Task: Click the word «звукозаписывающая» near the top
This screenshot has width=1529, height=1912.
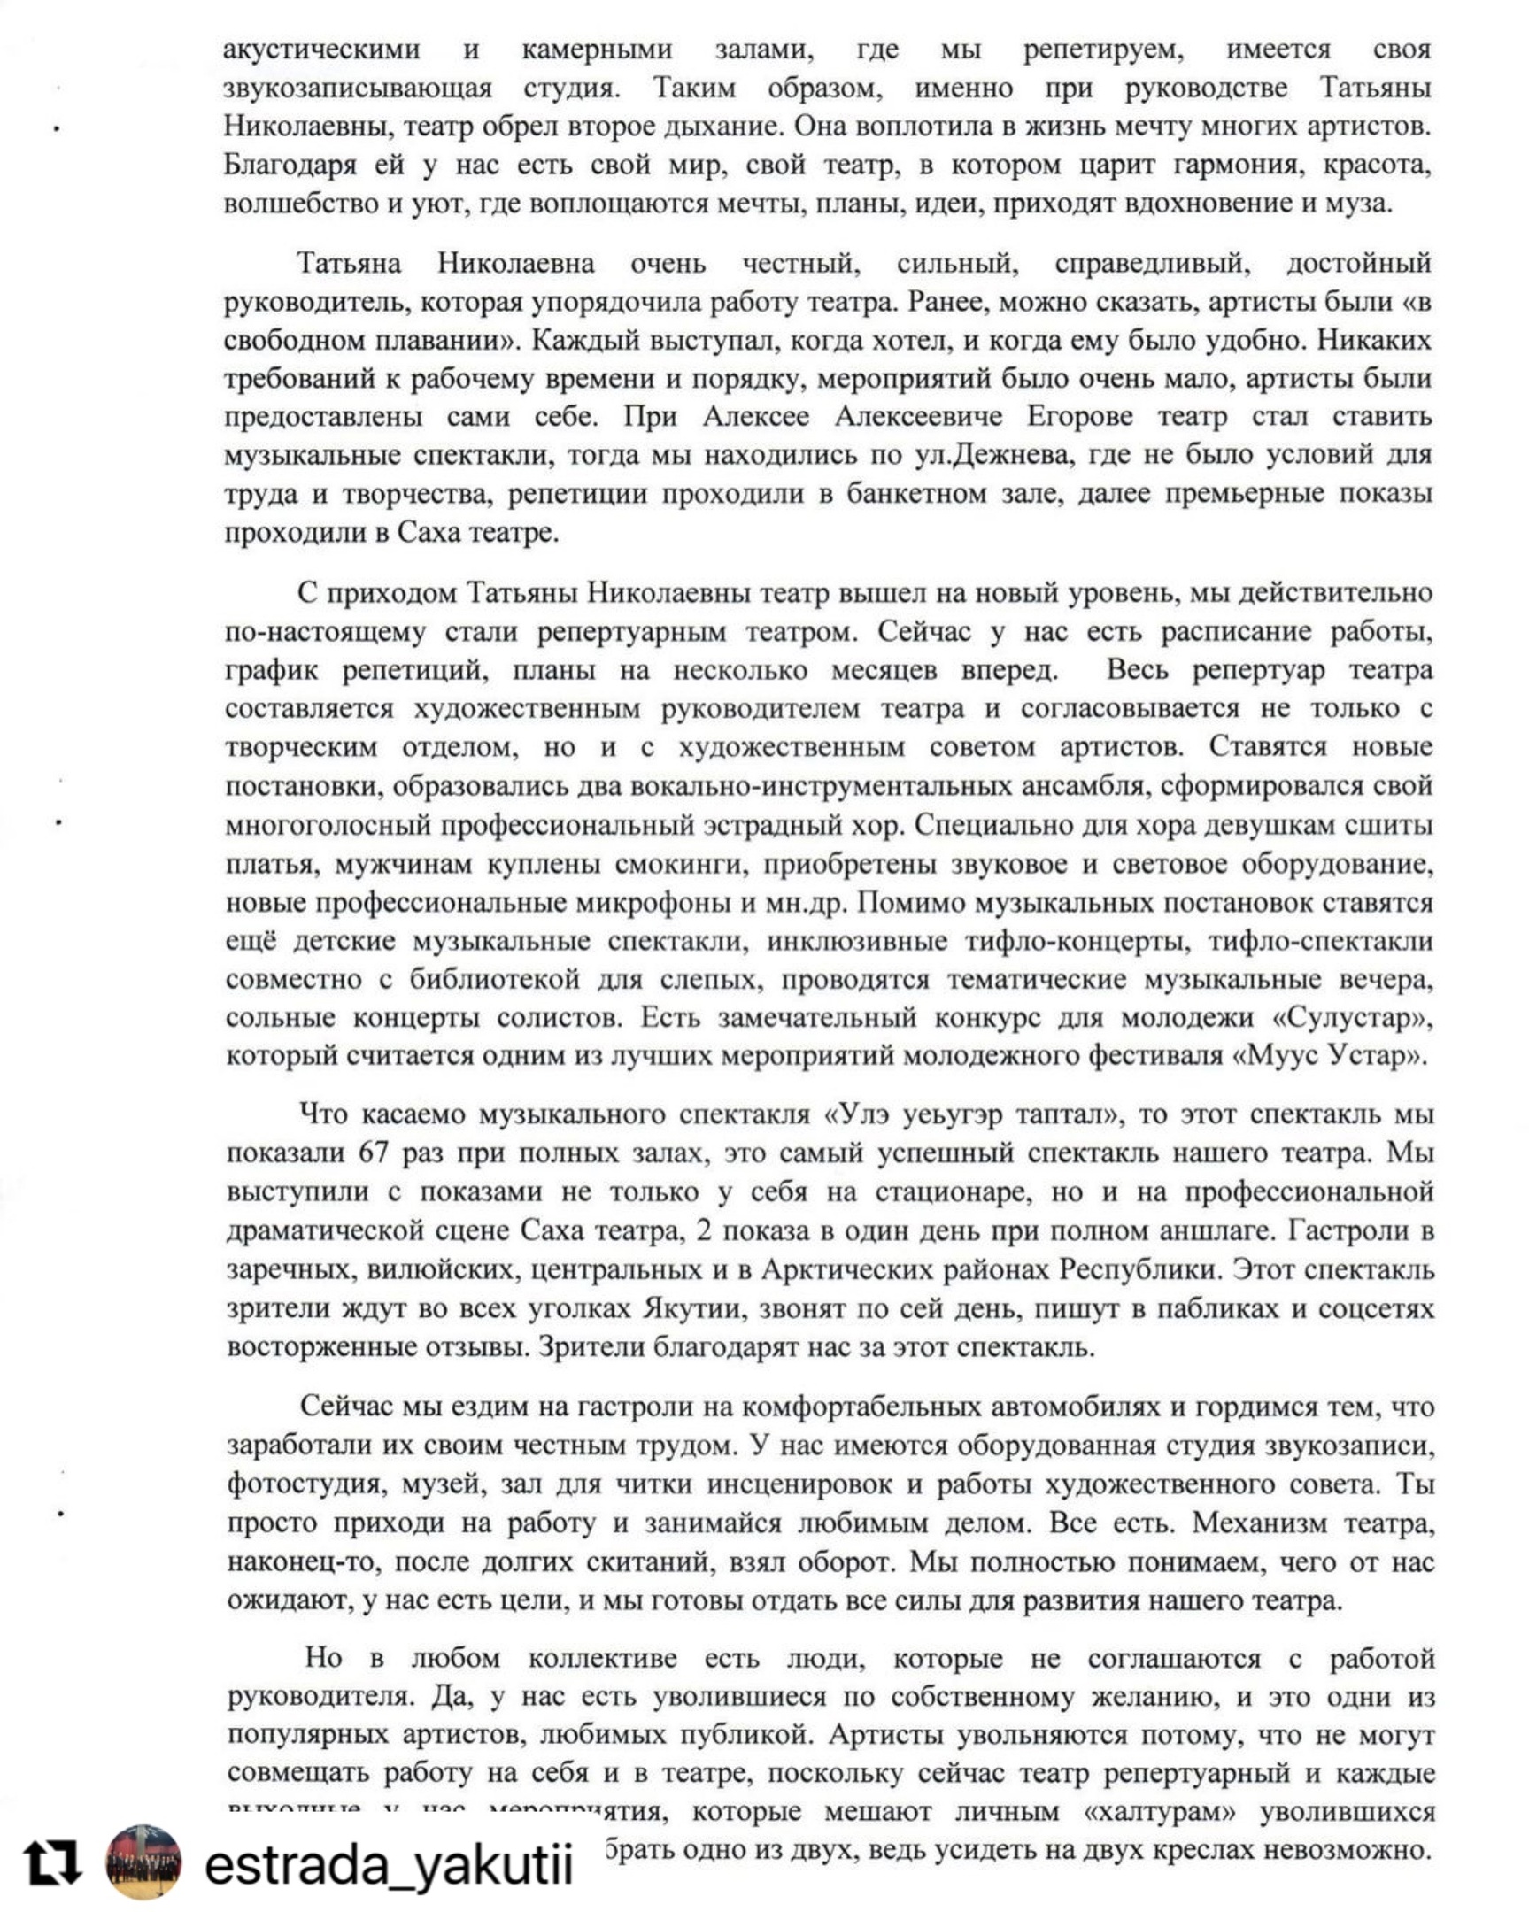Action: pos(358,89)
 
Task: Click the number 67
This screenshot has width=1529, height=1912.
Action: pos(374,1153)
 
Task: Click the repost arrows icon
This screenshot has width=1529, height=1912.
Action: pos(52,1862)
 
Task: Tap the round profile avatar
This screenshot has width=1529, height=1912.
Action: pos(143,1862)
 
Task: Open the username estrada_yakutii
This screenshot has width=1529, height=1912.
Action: pos(389,1865)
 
